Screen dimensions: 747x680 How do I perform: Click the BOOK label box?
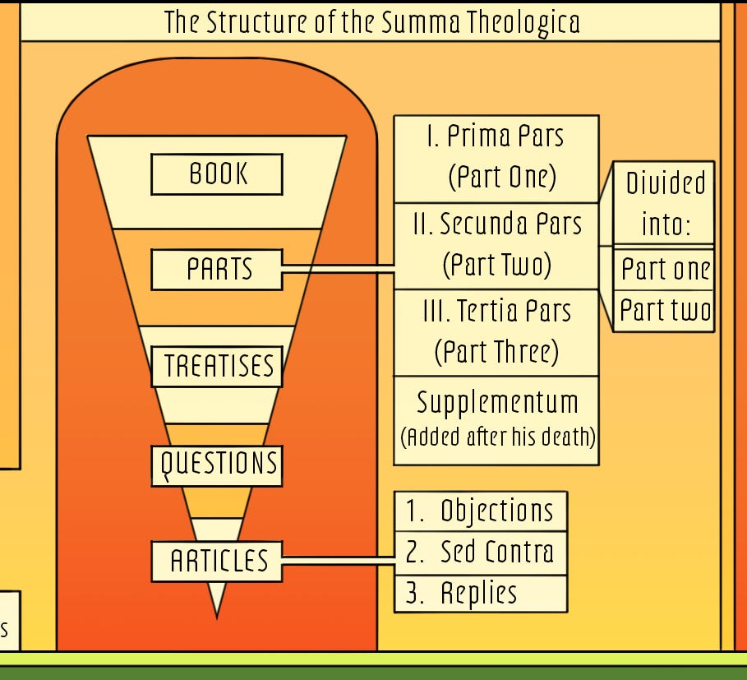click(217, 174)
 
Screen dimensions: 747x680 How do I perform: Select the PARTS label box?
click(217, 270)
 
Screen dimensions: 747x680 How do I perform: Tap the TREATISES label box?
click(217, 366)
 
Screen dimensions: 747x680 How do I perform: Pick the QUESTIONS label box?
click(217, 465)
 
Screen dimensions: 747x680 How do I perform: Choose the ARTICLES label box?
click(217, 561)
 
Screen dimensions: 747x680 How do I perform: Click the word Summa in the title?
click(421, 22)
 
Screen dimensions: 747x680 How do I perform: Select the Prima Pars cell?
click(496, 159)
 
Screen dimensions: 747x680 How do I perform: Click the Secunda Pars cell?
click(496, 246)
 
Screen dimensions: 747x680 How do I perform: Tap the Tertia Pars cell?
click(496, 333)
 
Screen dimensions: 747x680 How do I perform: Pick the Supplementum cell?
click(496, 420)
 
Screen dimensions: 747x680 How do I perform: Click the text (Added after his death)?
click(498, 437)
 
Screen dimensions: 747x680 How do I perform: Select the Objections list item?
click(481, 511)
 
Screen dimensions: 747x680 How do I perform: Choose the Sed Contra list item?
click(481, 553)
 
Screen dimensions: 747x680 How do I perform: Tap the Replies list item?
click(481, 594)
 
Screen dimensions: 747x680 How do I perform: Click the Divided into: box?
click(664, 203)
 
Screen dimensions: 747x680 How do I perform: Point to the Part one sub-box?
click(664, 269)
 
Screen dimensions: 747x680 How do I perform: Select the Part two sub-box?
click(664, 311)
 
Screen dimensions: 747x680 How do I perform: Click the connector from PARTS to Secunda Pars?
click(339, 269)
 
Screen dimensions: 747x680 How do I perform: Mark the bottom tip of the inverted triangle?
click(217, 618)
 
